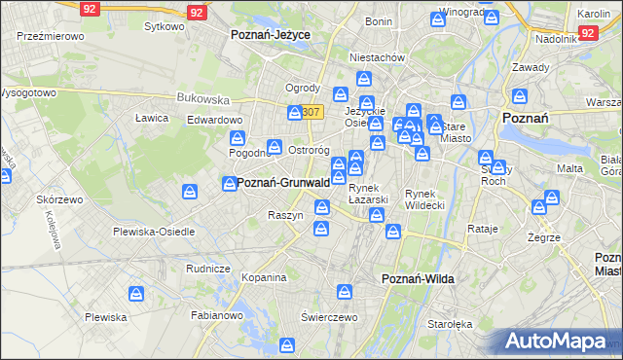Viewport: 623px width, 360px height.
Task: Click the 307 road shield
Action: click(311, 112)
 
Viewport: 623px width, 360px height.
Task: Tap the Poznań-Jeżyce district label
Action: click(271, 34)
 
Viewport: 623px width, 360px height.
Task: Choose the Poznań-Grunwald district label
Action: click(283, 183)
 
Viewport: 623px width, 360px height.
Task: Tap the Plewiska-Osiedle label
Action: click(154, 232)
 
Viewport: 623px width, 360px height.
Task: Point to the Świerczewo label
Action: click(331, 317)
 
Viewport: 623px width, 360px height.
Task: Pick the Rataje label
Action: click(483, 230)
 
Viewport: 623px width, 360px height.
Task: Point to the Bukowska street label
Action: click(202, 98)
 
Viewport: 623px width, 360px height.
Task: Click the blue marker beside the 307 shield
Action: click(295, 113)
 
